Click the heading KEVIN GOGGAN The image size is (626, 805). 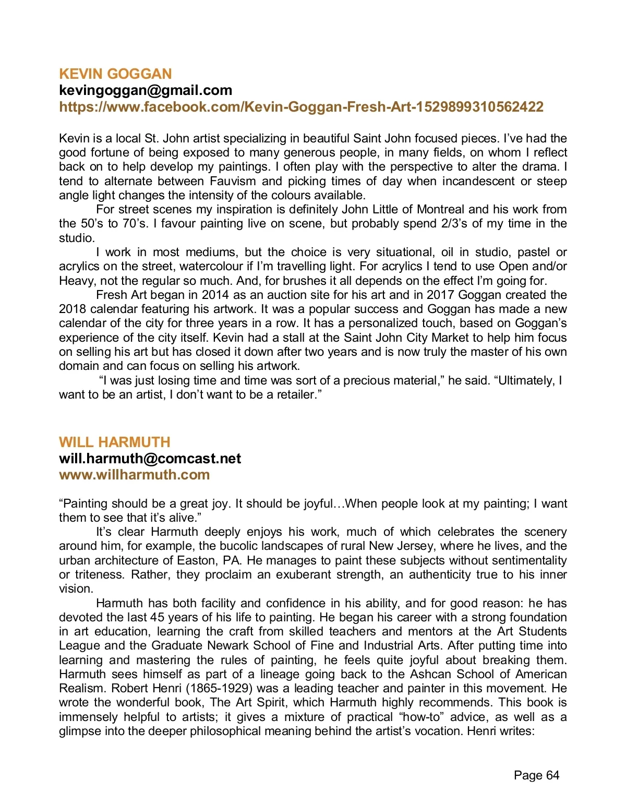[x=115, y=74]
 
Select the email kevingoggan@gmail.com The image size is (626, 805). [x=146, y=90]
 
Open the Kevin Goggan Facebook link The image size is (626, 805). [x=301, y=107]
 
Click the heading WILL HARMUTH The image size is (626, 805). [x=115, y=442]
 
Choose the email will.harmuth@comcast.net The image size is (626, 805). [x=150, y=459]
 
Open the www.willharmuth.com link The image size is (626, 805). [x=135, y=475]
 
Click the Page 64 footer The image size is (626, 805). [x=536, y=775]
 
